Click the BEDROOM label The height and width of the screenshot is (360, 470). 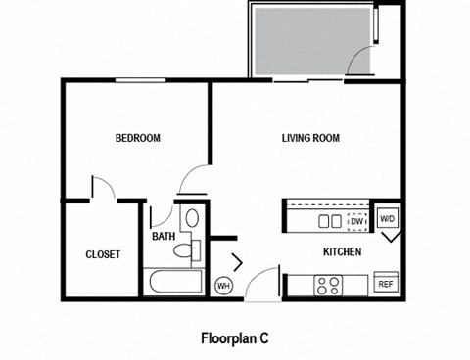[x=137, y=138]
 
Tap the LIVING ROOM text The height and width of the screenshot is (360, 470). [x=310, y=138]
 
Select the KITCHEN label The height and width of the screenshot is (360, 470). [x=343, y=252]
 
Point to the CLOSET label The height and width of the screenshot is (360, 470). [x=103, y=254]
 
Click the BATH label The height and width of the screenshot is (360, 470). [x=163, y=236]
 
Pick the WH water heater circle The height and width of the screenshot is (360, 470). [x=223, y=285]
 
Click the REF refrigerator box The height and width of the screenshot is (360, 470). [x=386, y=285]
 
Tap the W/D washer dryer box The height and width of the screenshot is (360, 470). [x=388, y=219]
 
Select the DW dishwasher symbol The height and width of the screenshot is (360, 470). [x=357, y=221]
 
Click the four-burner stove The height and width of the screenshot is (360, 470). [x=327, y=286]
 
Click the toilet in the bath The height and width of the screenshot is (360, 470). [x=183, y=251]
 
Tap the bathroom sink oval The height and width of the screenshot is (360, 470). [x=192, y=218]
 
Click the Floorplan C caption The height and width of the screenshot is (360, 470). [x=234, y=338]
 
